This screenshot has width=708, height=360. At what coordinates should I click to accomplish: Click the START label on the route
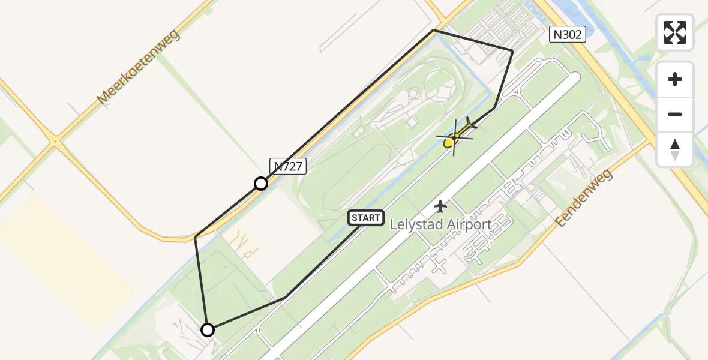click(x=366, y=218)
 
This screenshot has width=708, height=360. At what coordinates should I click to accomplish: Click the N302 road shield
click(x=567, y=35)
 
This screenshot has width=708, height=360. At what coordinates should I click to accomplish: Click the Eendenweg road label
click(x=583, y=198)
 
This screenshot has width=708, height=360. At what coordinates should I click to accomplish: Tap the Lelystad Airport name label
click(x=441, y=225)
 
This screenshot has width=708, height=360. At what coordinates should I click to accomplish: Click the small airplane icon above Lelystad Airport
click(x=441, y=206)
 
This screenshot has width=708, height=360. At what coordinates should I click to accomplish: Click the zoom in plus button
click(x=675, y=79)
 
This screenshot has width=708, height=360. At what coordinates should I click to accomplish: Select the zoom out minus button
click(x=675, y=114)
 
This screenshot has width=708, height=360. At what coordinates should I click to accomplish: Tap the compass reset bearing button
click(x=675, y=149)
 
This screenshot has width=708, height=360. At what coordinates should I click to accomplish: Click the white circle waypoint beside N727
click(x=261, y=184)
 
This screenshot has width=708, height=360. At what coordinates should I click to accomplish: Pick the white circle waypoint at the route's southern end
click(x=207, y=329)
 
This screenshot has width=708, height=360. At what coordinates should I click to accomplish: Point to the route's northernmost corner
click(x=433, y=30)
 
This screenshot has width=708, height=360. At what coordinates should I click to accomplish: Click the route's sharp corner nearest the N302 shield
click(x=512, y=51)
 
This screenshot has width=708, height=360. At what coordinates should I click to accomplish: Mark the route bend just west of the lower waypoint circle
click(x=196, y=237)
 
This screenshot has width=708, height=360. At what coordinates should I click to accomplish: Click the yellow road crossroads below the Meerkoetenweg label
click(x=55, y=142)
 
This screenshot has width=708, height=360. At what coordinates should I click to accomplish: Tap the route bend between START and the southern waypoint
click(x=285, y=297)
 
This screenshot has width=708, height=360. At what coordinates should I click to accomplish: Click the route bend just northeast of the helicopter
click(x=494, y=108)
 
